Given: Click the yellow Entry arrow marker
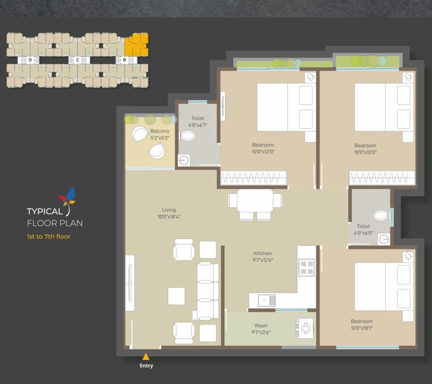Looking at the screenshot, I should [146, 357].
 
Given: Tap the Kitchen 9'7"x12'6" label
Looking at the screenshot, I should [263, 257].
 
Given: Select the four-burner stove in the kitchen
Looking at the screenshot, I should [307, 267].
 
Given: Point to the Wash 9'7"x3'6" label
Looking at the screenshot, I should [261, 329].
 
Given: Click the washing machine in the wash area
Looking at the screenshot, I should [305, 328].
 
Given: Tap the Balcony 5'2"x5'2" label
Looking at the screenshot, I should [160, 134].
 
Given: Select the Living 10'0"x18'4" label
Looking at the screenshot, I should [169, 213].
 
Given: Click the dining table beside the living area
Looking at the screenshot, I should [255, 201].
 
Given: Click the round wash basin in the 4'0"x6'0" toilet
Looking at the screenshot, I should [384, 239].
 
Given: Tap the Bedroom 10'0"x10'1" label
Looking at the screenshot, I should [362, 325].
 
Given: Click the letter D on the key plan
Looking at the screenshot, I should [30, 60].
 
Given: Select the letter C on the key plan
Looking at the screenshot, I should [77, 60].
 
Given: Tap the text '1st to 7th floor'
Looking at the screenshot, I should [48, 236].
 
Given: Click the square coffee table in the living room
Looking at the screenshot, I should [176, 296].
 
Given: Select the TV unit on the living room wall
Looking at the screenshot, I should [130, 283].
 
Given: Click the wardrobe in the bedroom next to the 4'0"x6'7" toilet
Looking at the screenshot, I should [254, 178].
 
